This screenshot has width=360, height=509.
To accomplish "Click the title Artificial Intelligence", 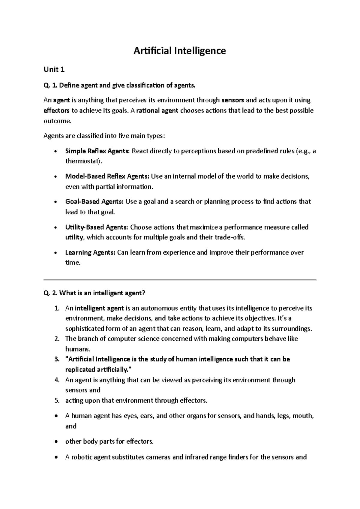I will (x=179, y=51).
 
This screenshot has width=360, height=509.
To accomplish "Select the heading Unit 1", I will (x=54, y=70).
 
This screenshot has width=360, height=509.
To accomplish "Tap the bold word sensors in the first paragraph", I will (x=232, y=100).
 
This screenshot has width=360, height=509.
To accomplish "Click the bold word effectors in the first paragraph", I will (x=56, y=110).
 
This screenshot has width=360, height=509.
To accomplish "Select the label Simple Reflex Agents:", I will (x=97, y=151).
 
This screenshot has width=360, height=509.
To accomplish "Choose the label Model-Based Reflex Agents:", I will (x=107, y=176).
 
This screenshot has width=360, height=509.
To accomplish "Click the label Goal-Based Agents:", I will (x=94, y=201).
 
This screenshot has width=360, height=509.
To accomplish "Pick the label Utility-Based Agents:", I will (x=97, y=227).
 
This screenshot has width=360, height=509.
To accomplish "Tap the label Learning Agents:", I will (x=90, y=252).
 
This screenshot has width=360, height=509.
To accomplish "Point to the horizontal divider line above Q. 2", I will (x=180, y=280).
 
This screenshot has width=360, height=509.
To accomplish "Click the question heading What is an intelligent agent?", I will (x=102, y=293).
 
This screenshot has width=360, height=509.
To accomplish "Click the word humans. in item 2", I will (x=77, y=349).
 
